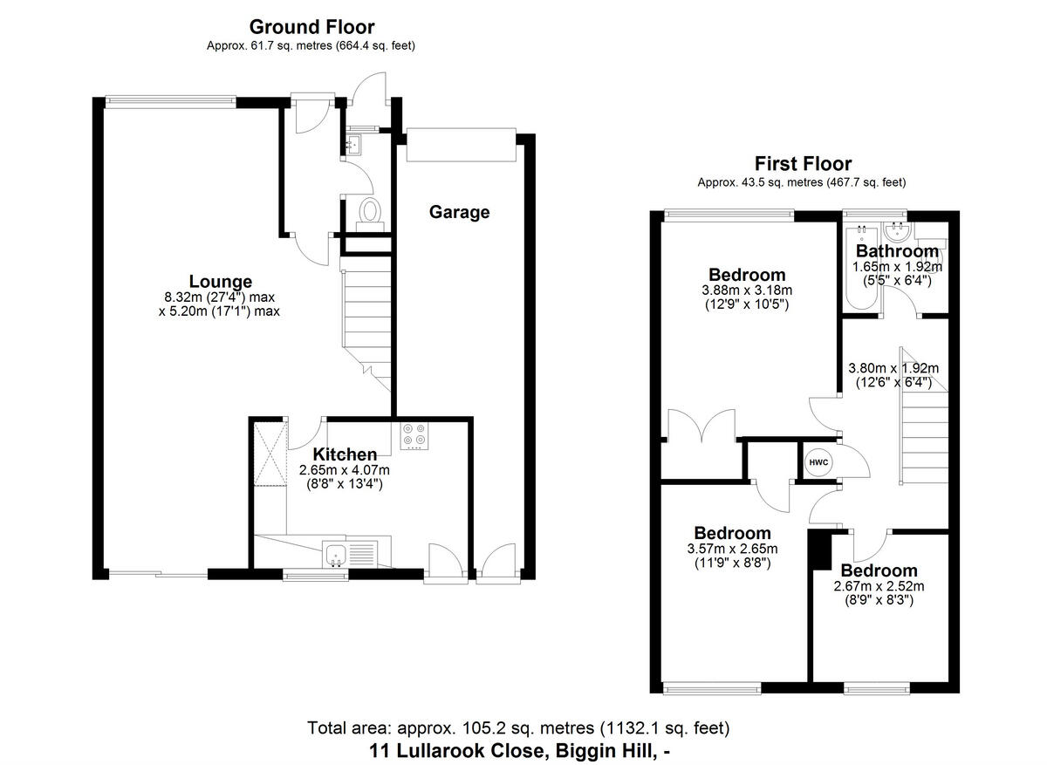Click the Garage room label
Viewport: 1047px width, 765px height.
(459, 212)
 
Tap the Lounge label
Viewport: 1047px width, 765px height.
(221, 282)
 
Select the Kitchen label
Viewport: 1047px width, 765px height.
(345, 454)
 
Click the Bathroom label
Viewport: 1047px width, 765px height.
(897, 252)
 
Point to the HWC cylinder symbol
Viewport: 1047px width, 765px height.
(818, 461)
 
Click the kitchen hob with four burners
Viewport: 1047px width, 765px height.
(414, 436)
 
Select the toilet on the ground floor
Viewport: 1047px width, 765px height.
(371, 212)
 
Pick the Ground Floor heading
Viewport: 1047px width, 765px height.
(311, 28)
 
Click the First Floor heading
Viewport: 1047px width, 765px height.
(803, 164)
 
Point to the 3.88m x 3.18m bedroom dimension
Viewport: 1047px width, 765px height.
(746, 290)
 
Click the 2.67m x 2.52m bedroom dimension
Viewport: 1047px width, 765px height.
(879, 586)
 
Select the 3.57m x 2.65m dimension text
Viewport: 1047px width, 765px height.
(732, 549)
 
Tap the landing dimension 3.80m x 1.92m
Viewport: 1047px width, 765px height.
(893, 368)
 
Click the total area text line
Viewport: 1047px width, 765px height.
(518, 727)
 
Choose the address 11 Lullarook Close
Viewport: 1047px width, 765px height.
(519, 749)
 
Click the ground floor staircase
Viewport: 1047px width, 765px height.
(364, 314)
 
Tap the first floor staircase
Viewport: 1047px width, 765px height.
(924, 436)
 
